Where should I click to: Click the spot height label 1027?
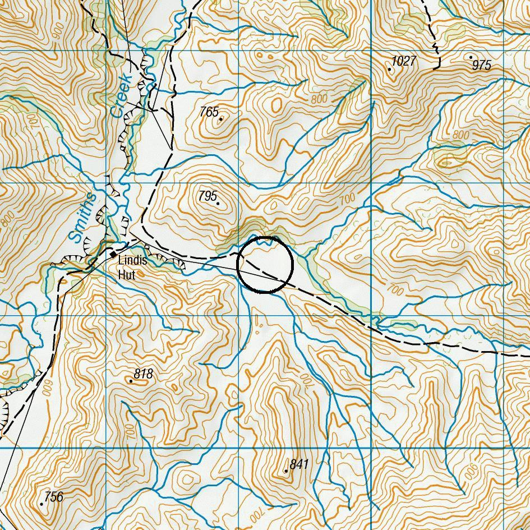(404, 61)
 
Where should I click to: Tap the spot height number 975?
(482, 65)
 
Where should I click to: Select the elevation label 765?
(209, 112)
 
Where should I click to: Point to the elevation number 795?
(208, 196)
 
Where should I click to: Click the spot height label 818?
(143, 374)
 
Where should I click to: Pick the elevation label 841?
(299, 464)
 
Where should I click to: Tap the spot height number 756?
(53, 496)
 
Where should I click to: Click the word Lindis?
(132, 261)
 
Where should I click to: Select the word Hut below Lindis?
(127, 275)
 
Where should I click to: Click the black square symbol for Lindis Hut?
(113, 255)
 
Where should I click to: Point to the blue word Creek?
(120, 96)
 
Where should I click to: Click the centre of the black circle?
(265, 265)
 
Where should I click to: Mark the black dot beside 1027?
(390, 69)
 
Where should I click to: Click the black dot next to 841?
(286, 471)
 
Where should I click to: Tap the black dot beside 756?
(42, 504)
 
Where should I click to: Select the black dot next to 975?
(471, 57)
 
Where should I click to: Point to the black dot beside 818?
(131, 381)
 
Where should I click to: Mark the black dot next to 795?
(218, 203)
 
